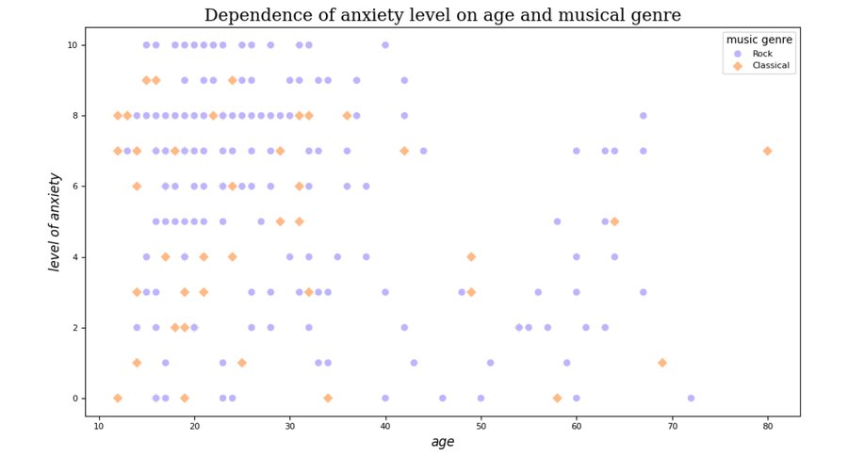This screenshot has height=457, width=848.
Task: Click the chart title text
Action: [442, 15]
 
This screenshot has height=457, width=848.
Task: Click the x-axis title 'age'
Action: [442, 441]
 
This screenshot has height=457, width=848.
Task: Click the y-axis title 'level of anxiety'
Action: [55, 221]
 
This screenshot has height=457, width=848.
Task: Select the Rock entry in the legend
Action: [762, 54]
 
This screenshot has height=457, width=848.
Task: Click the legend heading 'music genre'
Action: [758, 40]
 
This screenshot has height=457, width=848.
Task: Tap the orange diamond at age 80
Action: [767, 151]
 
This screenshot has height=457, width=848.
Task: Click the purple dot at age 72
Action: [691, 398]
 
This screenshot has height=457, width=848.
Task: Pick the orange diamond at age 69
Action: [662, 363]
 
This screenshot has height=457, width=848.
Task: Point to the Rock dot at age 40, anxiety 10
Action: [385, 45]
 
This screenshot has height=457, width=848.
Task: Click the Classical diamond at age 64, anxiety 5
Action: [614, 221]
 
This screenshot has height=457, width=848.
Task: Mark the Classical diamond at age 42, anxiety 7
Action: [404, 151]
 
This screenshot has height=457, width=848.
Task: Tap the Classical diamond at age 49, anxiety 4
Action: [471, 256]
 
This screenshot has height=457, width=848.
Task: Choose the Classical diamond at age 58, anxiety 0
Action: [557, 398]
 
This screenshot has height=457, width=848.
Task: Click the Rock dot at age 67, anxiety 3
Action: [643, 292]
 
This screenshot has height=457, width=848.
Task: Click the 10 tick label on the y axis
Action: [72, 45]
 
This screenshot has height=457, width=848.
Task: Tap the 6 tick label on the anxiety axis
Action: [74, 187]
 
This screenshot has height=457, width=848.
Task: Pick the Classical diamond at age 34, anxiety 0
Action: [328, 398]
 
